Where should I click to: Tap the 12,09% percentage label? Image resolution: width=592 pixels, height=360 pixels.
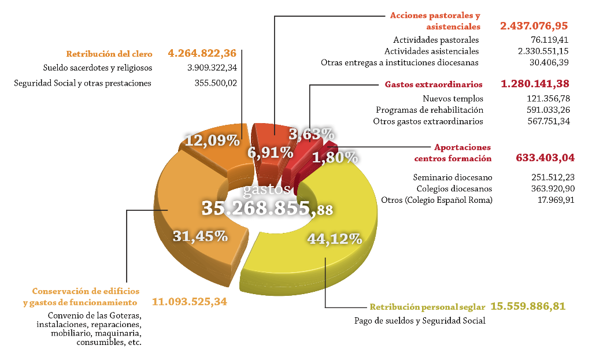pyautogui.click(x=212, y=140)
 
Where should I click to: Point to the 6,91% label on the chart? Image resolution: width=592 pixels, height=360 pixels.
pyautogui.click(x=271, y=153)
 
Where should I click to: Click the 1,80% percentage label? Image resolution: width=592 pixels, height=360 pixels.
pyautogui.click(x=335, y=157)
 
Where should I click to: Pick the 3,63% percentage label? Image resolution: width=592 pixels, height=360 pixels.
pyautogui.click(x=312, y=134)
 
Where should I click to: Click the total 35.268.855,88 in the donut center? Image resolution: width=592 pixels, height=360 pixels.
pyautogui.click(x=267, y=208)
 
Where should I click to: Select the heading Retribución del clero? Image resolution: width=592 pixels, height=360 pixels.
pyautogui.click(x=109, y=54)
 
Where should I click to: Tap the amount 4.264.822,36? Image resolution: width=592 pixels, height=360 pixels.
pyautogui.click(x=202, y=53)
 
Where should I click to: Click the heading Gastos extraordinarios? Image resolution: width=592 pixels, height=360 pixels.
pyautogui.click(x=434, y=84)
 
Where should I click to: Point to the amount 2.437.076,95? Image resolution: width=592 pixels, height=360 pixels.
pyautogui.click(x=534, y=25)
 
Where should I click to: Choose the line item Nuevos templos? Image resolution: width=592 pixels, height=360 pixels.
pyautogui.click(x=453, y=98)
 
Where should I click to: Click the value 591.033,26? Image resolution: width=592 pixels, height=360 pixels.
pyautogui.click(x=548, y=110)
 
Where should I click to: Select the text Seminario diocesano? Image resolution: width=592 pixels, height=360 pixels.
pyautogui.click(x=452, y=177)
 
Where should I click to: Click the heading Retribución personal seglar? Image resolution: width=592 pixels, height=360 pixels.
pyautogui.click(x=427, y=307)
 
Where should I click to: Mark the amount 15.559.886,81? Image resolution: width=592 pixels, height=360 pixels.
pyautogui.click(x=528, y=306)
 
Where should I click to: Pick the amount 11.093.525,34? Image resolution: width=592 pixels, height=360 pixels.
pyautogui.click(x=190, y=302)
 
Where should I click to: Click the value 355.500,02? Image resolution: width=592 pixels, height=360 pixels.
pyautogui.click(x=216, y=83)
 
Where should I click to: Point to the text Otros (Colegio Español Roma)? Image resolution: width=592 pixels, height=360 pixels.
pyautogui.click(x=436, y=200)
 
